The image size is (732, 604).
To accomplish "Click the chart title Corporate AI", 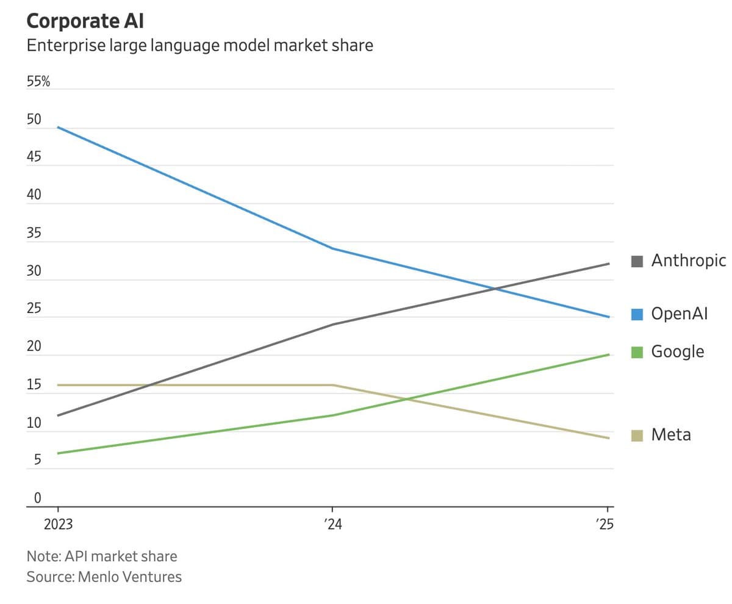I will [85, 21].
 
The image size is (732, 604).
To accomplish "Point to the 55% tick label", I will [38, 82].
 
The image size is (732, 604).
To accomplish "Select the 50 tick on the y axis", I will [34, 120].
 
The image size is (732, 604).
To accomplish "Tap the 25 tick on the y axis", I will [34, 309].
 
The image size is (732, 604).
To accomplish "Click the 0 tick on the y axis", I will [37, 498].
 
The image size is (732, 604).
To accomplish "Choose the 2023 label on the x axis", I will [58, 525].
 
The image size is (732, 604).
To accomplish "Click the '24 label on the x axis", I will [332, 525].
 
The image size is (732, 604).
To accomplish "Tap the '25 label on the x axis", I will [605, 525].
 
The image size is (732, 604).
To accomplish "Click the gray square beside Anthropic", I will [637, 261].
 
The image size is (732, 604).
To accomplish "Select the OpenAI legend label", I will [679, 314].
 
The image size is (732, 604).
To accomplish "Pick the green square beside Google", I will [637, 352].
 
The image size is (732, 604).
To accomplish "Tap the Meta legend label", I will [671, 435].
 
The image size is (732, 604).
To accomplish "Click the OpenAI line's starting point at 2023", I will [58, 127].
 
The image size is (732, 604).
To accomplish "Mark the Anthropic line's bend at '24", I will [332, 324].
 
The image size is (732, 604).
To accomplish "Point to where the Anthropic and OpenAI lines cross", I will [495, 289].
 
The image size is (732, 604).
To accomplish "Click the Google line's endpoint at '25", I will [609, 354].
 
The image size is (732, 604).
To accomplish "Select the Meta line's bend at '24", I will [332, 385].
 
